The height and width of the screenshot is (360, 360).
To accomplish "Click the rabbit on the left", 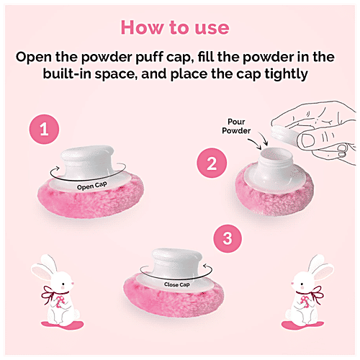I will pyautogui.click(x=51, y=302).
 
